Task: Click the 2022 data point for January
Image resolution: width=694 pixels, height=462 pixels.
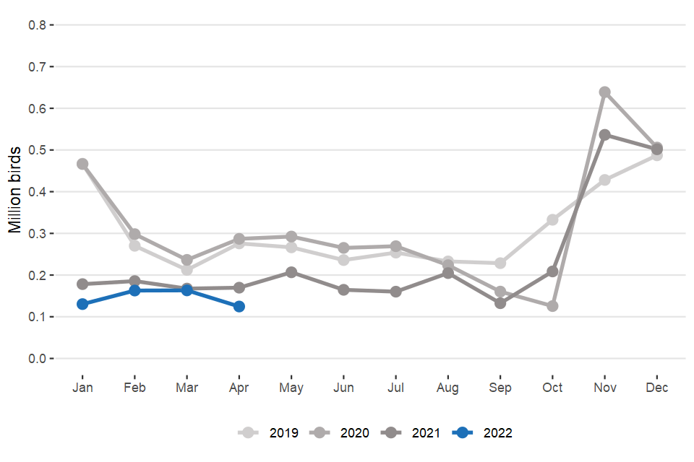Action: (82, 304)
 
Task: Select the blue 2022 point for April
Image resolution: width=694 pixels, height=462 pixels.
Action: (239, 307)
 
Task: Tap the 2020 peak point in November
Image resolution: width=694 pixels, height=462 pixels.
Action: (605, 92)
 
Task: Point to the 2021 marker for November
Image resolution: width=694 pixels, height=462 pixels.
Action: (605, 135)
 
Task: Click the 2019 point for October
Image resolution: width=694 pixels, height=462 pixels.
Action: (552, 219)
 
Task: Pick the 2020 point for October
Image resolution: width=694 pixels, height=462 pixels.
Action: (552, 306)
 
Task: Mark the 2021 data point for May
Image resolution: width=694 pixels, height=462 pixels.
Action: (291, 272)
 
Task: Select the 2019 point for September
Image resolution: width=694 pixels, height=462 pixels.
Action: (500, 263)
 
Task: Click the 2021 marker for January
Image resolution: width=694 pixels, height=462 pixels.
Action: (82, 284)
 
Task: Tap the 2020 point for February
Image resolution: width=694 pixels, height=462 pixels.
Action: (134, 235)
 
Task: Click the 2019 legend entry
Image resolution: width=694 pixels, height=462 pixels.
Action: (270, 433)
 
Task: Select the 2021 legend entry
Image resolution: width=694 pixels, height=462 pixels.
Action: (412, 433)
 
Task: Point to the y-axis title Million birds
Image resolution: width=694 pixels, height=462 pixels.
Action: (14, 191)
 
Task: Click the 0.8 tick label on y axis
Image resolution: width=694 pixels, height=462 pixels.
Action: (37, 25)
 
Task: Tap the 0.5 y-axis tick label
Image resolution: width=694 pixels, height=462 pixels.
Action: (37, 150)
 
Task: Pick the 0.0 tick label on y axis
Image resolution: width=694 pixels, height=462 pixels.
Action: (37, 359)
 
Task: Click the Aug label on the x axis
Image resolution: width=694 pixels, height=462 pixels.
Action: (447, 388)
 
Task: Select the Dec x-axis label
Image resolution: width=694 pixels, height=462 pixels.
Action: (657, 388)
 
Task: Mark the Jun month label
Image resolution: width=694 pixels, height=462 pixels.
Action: (343, 388)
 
